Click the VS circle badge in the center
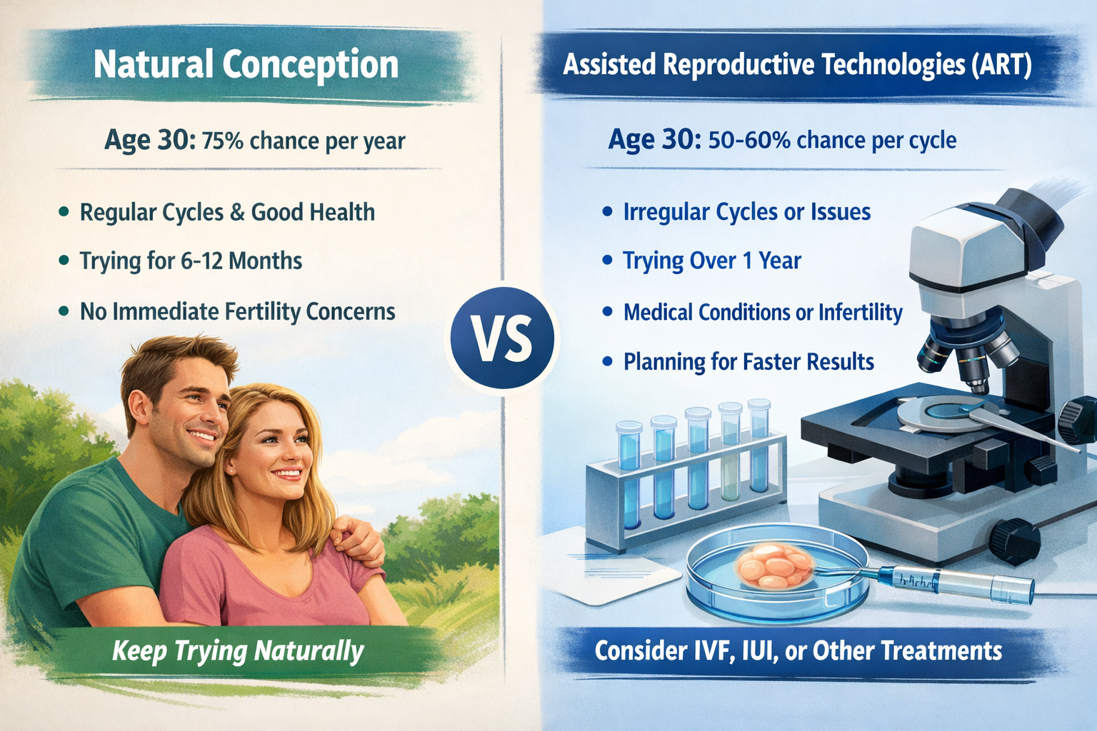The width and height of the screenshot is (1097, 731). coord(503,338)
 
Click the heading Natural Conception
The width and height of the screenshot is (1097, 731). coord(246,65)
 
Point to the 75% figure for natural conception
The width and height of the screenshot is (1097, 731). coord(221,141)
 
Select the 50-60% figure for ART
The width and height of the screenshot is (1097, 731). coord(748,140)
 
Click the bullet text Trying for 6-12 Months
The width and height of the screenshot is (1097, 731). coord(191,261)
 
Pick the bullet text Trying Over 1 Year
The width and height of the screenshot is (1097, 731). coord(711,261)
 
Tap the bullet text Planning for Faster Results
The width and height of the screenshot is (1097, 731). coord(748,362)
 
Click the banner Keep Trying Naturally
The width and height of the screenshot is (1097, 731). coord(238,651)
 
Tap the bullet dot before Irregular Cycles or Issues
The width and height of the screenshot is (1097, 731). coord(607,212)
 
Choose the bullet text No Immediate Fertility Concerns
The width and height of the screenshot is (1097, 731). coord(237,312)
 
